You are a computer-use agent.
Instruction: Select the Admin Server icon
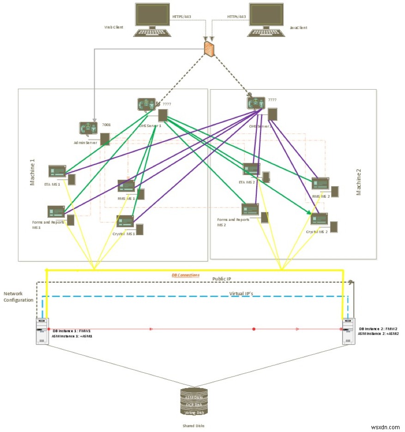pos(88,129)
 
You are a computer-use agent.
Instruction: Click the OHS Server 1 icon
pos(147,105)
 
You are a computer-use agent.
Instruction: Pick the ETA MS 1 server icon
pos(58,171)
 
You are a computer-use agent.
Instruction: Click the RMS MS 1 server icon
pos(126,186)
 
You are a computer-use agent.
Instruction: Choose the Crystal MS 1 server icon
pos(125,221)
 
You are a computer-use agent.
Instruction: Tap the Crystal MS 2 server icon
pos(319,219)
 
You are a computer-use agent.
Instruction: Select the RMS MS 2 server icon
pos(320,183)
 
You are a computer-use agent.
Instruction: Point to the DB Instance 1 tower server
pos(42,331)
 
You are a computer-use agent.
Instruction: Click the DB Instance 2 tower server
pos(348,331)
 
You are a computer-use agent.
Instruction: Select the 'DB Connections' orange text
pos(186,275)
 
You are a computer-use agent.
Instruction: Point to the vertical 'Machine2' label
pos(359,182)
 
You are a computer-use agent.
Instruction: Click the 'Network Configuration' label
pos(18,297)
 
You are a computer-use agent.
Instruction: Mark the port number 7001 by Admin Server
pos(106,124)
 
